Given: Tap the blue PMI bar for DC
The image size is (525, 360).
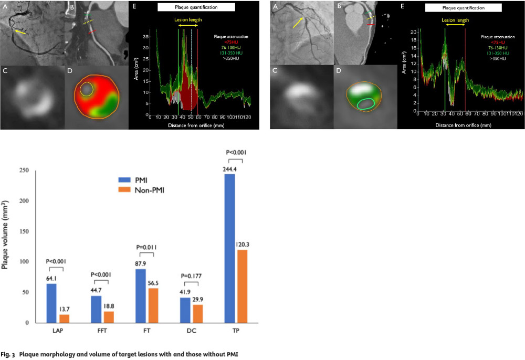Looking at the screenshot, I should click(185, 310).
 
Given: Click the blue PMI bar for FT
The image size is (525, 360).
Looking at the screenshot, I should click(141, 296).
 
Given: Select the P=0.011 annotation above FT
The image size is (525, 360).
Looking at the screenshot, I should click(146, 247).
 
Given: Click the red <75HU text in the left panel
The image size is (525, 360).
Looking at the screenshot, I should click(231, 42).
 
